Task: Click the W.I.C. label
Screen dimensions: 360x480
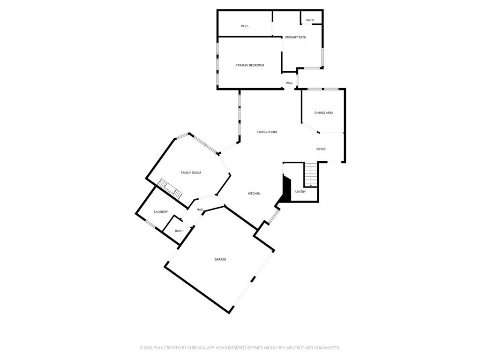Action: click(x=245, y=26)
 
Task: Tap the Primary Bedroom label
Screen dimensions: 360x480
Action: click(x=249, y=65)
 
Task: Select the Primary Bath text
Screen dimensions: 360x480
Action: click(x=295, y=37)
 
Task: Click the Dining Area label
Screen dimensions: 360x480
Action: click(x=323, y=113)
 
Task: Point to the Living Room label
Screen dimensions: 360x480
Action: click(x=267, y=132)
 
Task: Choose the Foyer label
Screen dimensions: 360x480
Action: click(x=321, y=149)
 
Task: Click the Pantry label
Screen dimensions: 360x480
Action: click(x=300, y=192)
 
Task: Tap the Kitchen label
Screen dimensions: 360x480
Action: click(x=254, y=194)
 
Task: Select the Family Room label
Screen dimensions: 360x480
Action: click(x=191, y=172)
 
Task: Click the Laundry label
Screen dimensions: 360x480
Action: click(x=161, y=212)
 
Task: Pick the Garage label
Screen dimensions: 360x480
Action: click(x=220, y=259)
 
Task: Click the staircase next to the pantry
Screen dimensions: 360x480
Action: click(x=311, y=174)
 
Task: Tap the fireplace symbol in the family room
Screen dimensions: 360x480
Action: click(x=169, y=188)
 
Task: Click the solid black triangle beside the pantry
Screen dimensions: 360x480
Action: click(x=285, y=187)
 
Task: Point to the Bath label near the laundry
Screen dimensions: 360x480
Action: click(x=179, y=231)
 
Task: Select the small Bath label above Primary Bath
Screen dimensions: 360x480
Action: click(x=310, y=20)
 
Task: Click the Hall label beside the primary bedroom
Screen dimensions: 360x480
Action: click(x=289, y=83)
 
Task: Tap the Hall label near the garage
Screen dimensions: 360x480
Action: click(x=200, y=210)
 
